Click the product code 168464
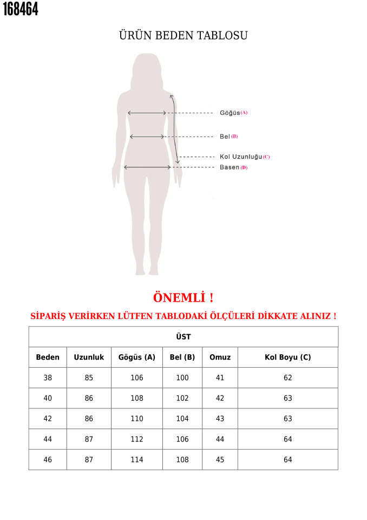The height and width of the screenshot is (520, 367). click(21, 9)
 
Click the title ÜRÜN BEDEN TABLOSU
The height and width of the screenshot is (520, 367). click(183, 36)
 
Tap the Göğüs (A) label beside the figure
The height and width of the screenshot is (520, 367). click(233, 113)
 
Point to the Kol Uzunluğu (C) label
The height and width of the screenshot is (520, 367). click(244, 157)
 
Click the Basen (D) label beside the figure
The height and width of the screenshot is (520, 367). click(233, 167)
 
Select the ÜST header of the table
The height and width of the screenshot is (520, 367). click(183, 337)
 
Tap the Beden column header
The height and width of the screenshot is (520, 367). click(48, 357)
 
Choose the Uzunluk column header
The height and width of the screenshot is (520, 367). click(89, 357)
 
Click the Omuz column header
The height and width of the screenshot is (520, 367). click(220, 357)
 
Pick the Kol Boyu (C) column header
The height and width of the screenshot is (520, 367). click(287, 357)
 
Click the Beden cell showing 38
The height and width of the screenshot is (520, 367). click(48, 378)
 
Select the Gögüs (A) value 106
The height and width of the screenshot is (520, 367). click(137, 378)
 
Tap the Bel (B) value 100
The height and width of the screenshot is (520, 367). click(182, 378)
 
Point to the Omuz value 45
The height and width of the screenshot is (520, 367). click(220, 460)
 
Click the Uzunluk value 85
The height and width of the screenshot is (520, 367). click(89, 378)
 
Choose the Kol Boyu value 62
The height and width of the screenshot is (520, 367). click(287, 378)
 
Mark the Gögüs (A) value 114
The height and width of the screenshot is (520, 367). click(137, 460)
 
